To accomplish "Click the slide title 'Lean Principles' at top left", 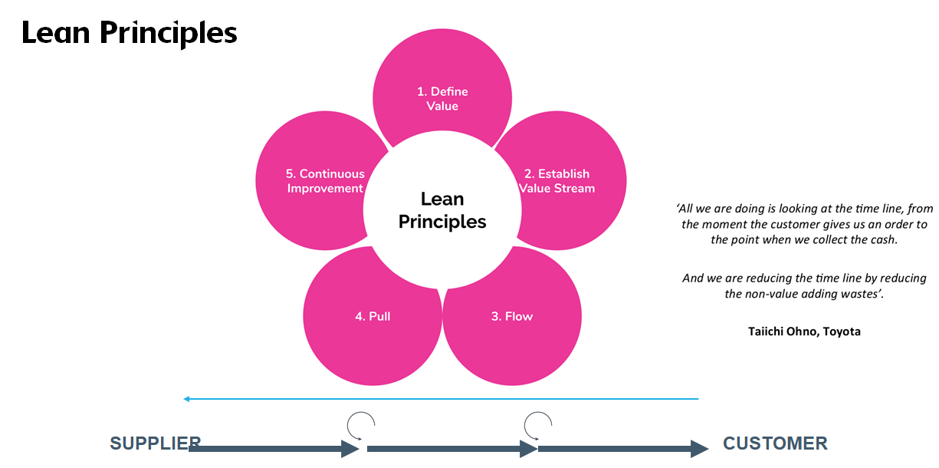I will (129, 33).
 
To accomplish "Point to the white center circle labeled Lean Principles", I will (442, 210).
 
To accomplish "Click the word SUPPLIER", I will (155, 443).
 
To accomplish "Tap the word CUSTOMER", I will (775, 443).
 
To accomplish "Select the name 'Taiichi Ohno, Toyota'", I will (804, 331).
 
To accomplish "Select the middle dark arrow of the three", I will (452, 449).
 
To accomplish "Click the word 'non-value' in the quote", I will (772, 294).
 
